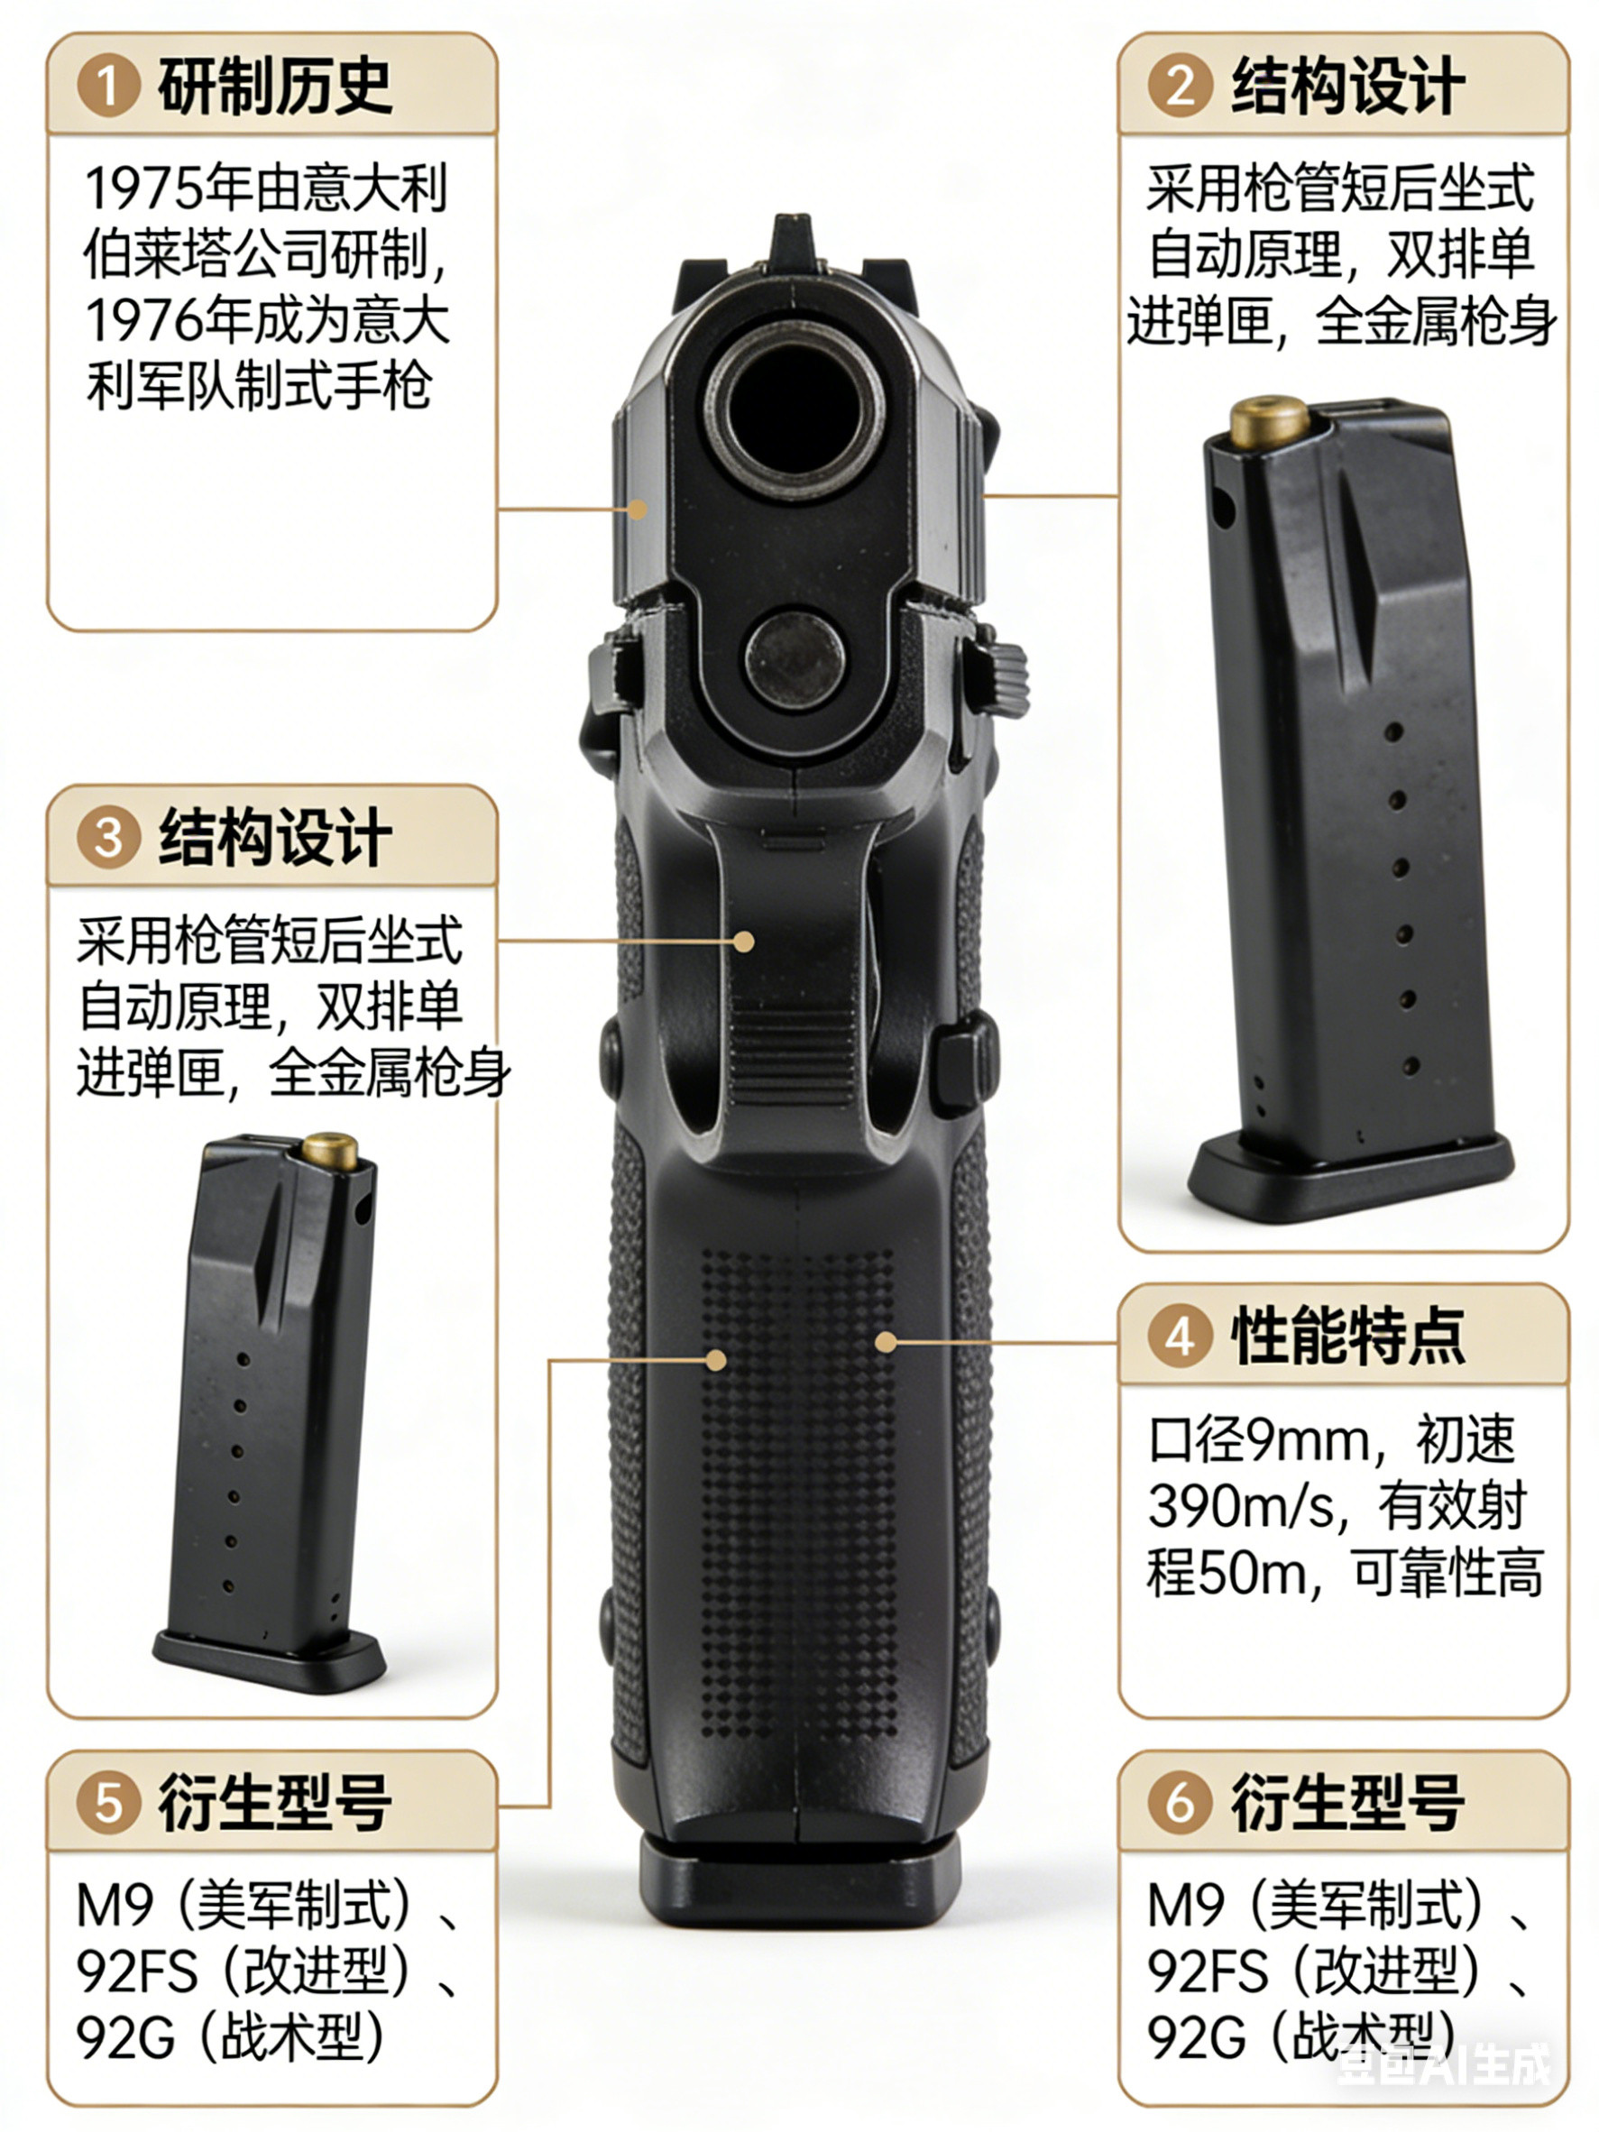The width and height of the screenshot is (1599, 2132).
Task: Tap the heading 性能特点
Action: coord(1347,1337)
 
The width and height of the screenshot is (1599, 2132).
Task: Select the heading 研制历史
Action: coord(276,86)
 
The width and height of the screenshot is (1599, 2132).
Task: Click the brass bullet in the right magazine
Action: coord(1268,422)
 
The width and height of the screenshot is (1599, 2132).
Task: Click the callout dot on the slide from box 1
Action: coord(637,509)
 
